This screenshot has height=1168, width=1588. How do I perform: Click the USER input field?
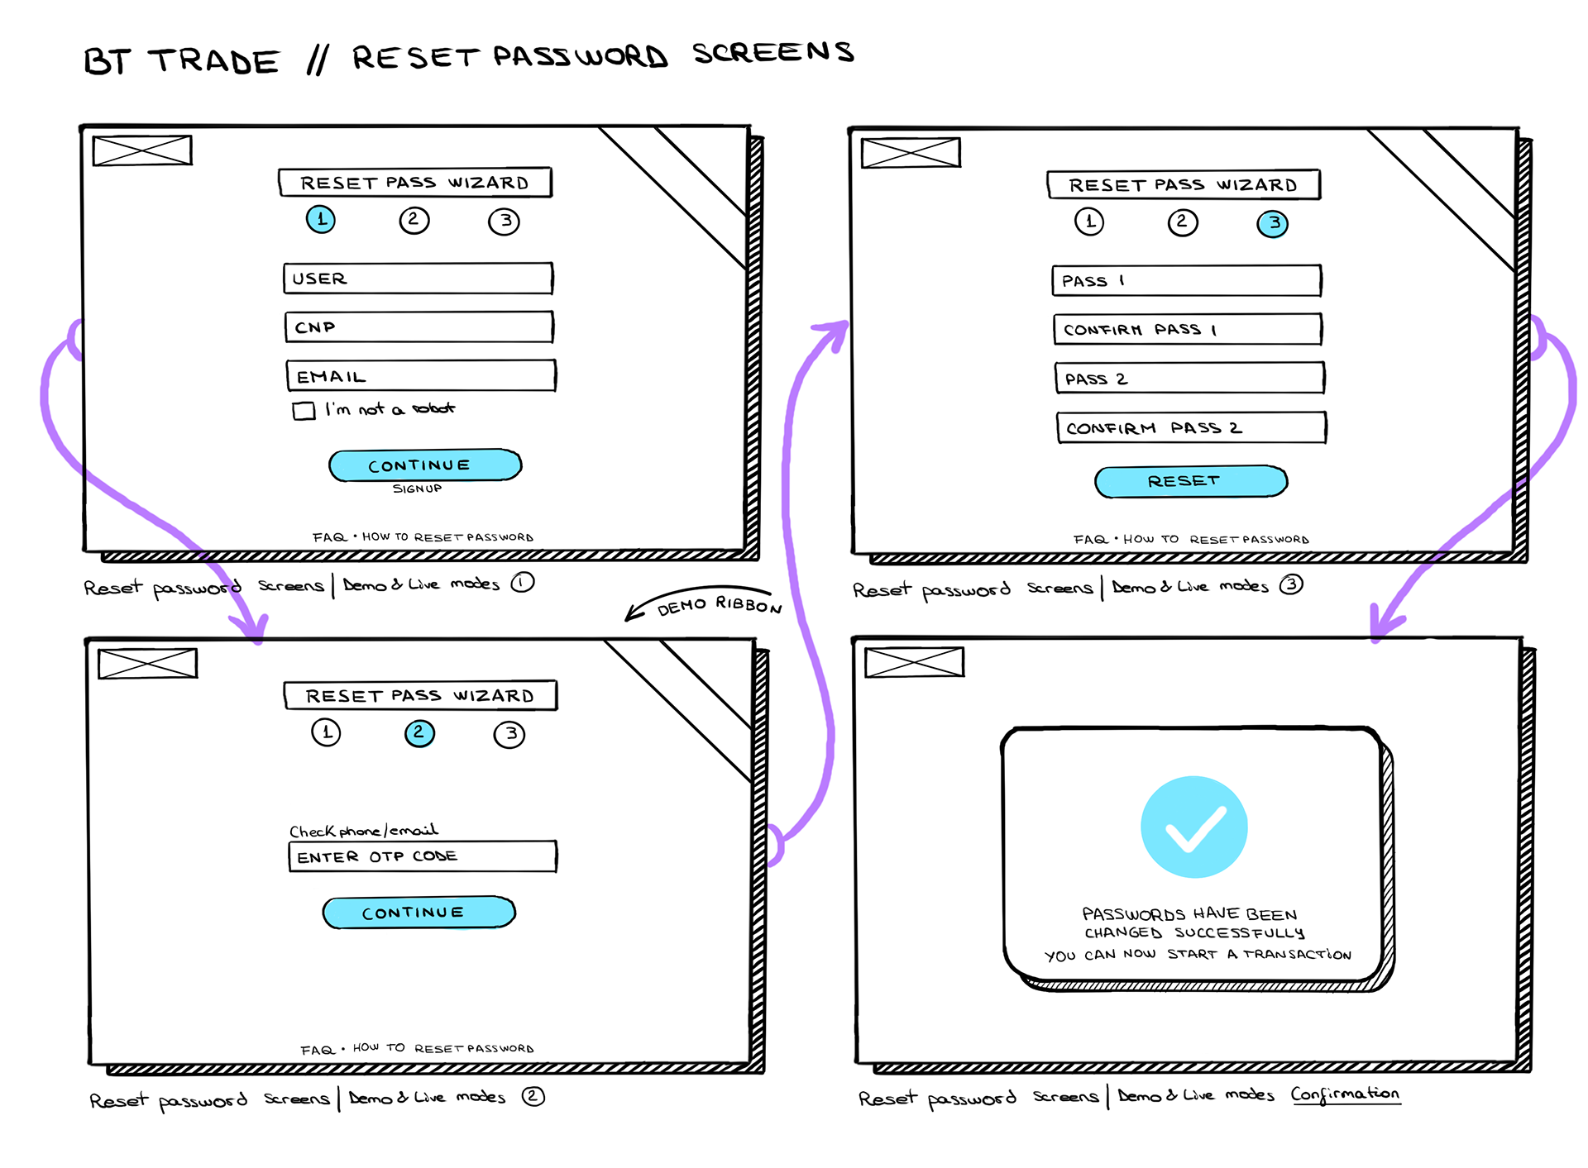point(418,279)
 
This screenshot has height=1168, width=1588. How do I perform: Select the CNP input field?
point(419,327)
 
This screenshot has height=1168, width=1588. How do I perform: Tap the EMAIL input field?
point(420,376)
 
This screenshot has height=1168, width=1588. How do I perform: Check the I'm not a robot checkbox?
point(304,411)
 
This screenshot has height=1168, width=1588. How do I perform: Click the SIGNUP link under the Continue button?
point(417,489)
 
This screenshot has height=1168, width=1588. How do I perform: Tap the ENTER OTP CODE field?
point(422,856)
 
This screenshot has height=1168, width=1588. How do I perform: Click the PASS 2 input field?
point(1189,379)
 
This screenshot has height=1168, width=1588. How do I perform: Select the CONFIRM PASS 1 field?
point(1187,330)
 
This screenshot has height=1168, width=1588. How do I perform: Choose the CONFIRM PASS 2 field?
point(1190,428)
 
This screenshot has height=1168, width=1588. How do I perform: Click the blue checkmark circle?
point(1193,827)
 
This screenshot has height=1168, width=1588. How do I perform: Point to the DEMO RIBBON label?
point(719,605)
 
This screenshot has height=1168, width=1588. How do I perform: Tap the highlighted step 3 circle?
point(1272,223)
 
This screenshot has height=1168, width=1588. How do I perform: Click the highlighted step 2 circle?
point(419,733)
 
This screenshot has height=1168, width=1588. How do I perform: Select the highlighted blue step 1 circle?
point(321,220)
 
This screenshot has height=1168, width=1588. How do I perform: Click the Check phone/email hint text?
point(363,831)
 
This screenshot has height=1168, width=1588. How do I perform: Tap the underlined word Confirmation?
point(1345,1094)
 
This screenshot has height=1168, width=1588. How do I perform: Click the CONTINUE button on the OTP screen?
point(419,913)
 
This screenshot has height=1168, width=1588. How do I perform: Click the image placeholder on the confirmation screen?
point(914,663)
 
